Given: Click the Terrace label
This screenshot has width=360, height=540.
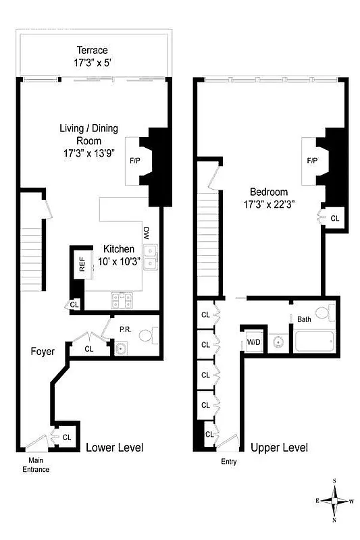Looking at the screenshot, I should click(92, 51).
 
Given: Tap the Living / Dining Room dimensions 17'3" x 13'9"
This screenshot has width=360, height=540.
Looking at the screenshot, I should click(88, 153).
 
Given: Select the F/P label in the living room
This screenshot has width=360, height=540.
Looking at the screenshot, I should click(134, 162).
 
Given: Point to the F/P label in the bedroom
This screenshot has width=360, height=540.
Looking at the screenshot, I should click(312, 161).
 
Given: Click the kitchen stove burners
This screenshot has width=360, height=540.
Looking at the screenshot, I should click(122, 297).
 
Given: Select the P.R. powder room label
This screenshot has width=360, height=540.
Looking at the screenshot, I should click(126, 330).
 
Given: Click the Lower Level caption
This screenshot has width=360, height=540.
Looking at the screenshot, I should click(114, 448).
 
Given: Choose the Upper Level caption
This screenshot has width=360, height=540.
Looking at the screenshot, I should click(279, 448).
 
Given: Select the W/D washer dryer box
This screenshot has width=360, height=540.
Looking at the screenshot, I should click(253, 342).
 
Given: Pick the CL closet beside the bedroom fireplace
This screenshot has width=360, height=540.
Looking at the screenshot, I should click(335, 218).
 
